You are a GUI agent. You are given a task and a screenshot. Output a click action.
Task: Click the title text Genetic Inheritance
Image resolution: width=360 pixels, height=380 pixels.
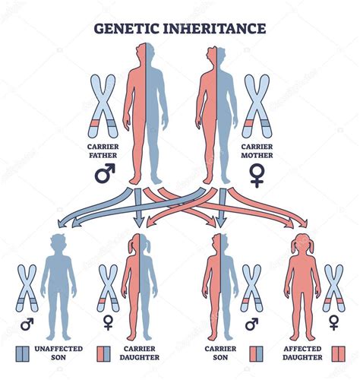point(179,30)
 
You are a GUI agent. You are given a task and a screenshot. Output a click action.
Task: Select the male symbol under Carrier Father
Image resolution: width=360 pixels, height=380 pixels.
point(103,174)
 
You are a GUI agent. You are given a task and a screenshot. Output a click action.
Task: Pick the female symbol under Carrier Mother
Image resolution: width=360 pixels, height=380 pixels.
point(257,176)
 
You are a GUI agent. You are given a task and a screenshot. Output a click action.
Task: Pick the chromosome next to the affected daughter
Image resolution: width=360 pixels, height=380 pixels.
point(333,287)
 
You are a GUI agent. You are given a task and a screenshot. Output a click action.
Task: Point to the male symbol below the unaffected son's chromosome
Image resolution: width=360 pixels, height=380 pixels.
point(27,325)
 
